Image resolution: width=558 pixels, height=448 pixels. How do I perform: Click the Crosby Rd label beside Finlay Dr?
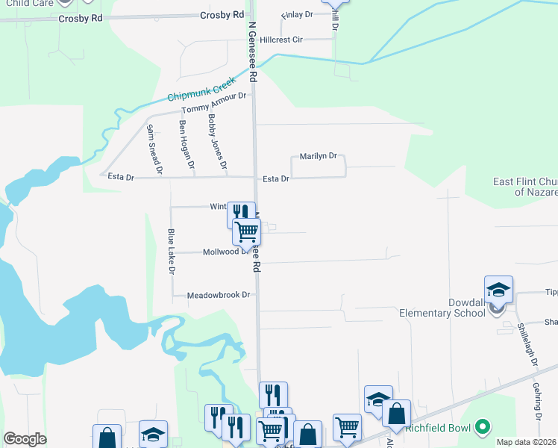pyautogui.click(x=223, y=15)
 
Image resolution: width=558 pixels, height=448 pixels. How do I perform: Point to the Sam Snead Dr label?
pyautogui.click(x=154, y=149)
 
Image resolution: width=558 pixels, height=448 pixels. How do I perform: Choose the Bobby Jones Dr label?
pyautogui.click(x=217, y=140)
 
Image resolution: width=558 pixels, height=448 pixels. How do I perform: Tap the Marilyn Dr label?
pyautogui.click(x=319, y=157)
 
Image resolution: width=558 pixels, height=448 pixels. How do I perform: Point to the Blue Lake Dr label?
pyautogui.click(x=171, y=251)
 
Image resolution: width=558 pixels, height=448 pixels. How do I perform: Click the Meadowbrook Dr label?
pyautogui.click(x=219, y=295)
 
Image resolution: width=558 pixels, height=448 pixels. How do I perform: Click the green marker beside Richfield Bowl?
pyautogui.click(x=484, y=428)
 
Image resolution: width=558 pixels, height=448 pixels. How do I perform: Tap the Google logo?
pyautogui.click(x=25, y=439)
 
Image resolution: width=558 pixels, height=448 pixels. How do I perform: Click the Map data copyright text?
pyautogui.click(x=526, y=442)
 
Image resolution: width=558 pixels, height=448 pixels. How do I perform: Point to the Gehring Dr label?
pyautogui.click(x=537, y=393)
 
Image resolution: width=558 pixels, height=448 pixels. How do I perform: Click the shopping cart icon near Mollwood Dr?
pyautogui.click(x=246, y=231)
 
